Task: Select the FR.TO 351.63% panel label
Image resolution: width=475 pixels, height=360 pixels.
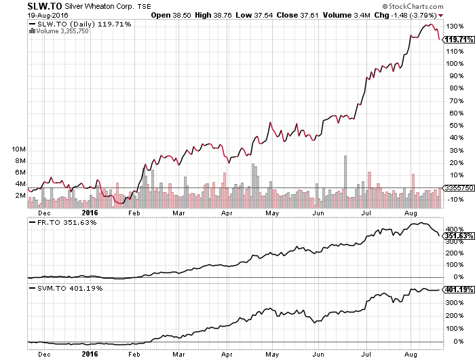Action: (x=63, y=221)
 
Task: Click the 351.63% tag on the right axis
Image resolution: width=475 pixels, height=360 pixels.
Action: (x=458, y=236)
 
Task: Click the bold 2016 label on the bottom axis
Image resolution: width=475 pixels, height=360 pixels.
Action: (x=90, y=353)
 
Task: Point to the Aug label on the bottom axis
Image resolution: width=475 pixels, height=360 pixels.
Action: (x=411, y=353)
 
